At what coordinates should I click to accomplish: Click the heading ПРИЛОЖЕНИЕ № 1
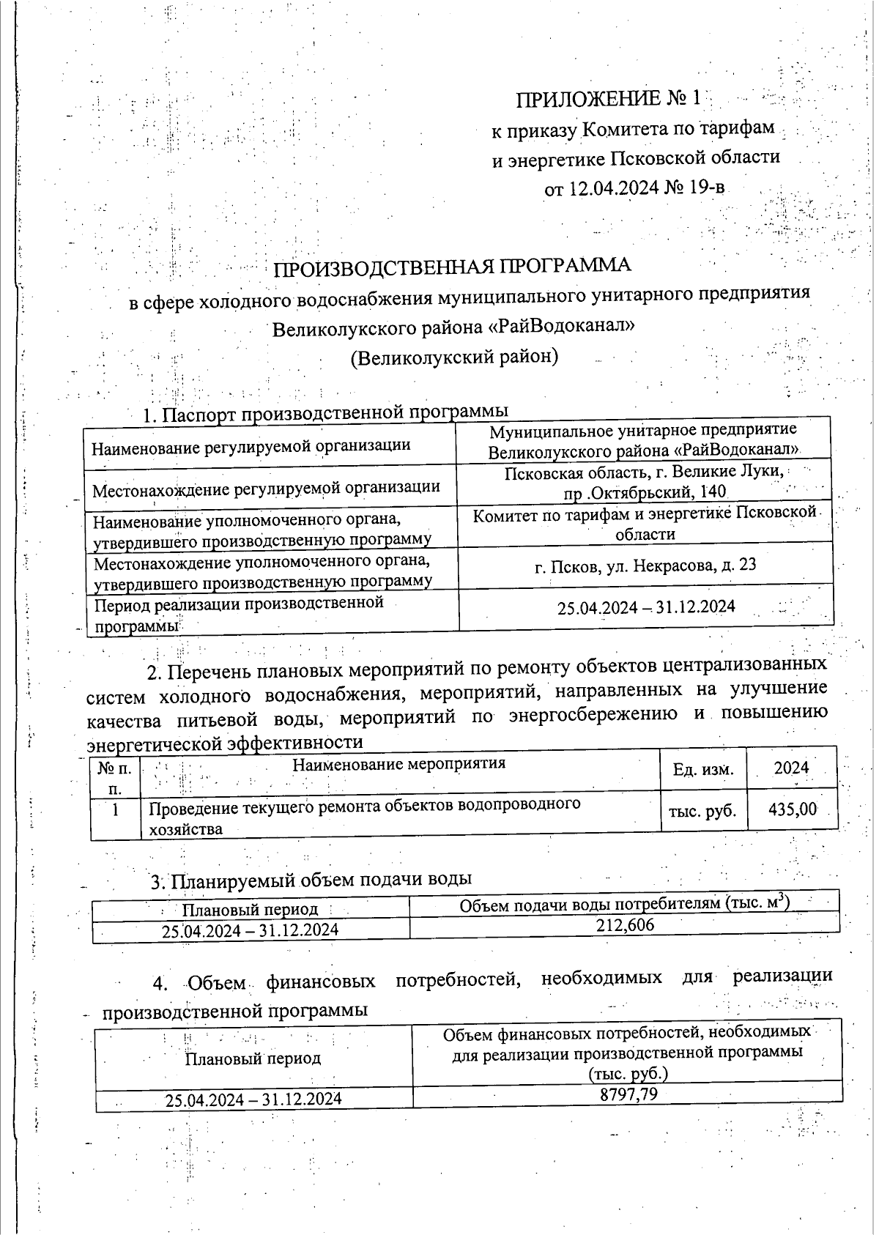(x=609, y=99)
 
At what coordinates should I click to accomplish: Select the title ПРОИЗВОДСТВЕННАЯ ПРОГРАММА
(x=452, y=267)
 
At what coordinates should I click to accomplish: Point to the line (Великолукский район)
(x=454, y=357)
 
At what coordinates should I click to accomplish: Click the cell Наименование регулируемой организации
(x=251, y=445)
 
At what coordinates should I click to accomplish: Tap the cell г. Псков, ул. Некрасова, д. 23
(x=645, y=565)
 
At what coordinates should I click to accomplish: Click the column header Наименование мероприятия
(x=399, y=764)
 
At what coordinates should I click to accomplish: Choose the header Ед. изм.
(x=702, y=768)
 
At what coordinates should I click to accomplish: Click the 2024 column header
(x=791, y=768)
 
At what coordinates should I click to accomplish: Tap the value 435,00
(x=793, y=809)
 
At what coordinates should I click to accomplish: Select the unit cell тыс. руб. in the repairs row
(x=702, y=811)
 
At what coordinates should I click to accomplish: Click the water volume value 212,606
(x=625, y=925)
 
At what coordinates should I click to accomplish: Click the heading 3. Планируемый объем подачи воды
(x=311, y=879)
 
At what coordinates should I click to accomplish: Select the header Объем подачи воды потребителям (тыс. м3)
(x=625, y=905)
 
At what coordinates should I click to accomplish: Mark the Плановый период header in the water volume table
(x=250, y=910)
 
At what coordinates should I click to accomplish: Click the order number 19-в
(x=706, y=188)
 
